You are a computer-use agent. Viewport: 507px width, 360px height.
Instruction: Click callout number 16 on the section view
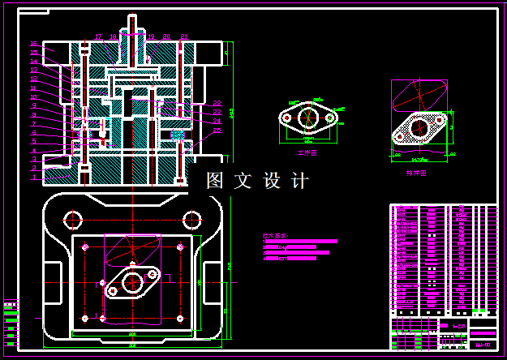[x=34, y=43]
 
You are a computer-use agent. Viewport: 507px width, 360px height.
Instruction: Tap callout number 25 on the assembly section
[x=217, y=130]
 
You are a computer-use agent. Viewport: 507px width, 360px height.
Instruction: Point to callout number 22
[x=217, y=103]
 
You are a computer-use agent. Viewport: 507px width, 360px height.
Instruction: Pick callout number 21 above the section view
[x=184, y=36]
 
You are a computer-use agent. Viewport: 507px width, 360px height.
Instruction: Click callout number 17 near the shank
[x=98, y=36]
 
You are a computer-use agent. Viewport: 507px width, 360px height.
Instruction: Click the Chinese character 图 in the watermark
[x=215, y=181]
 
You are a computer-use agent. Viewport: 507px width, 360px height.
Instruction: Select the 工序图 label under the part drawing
[x=307, y=152]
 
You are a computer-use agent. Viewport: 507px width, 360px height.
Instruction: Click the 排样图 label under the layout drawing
[x=416, y=172]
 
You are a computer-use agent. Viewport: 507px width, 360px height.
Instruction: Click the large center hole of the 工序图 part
[x=307, y=118]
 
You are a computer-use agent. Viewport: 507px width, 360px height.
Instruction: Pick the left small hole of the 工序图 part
[x=286, y=118]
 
